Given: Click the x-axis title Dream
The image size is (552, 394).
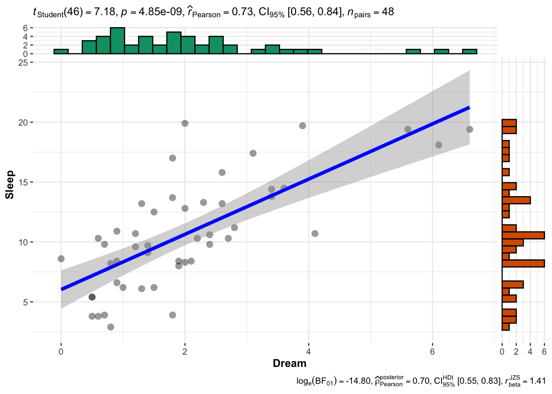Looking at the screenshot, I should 290,363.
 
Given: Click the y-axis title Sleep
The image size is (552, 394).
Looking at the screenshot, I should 9,185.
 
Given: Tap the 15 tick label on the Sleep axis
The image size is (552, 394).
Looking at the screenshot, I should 23,182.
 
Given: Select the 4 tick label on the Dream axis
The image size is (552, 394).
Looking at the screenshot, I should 308,352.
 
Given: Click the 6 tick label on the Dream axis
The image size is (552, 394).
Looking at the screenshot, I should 432,352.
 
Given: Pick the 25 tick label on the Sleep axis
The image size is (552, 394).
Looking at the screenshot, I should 23,62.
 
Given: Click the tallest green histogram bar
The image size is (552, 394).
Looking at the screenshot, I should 117,41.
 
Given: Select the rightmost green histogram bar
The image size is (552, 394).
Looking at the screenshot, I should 469,51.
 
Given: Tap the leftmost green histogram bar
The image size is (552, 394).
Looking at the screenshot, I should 61,51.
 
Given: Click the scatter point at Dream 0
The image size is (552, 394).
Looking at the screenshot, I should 61,259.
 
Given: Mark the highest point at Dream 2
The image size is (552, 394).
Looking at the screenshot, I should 185,123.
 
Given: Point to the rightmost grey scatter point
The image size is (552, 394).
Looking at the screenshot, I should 469,129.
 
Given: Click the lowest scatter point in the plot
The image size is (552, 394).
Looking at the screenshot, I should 110,327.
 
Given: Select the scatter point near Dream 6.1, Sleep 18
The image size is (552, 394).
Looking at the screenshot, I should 439,145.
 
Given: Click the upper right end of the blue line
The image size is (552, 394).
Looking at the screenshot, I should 469,108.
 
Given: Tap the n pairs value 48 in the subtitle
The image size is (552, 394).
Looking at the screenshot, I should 388,12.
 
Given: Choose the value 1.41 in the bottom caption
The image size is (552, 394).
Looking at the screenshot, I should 538,381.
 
